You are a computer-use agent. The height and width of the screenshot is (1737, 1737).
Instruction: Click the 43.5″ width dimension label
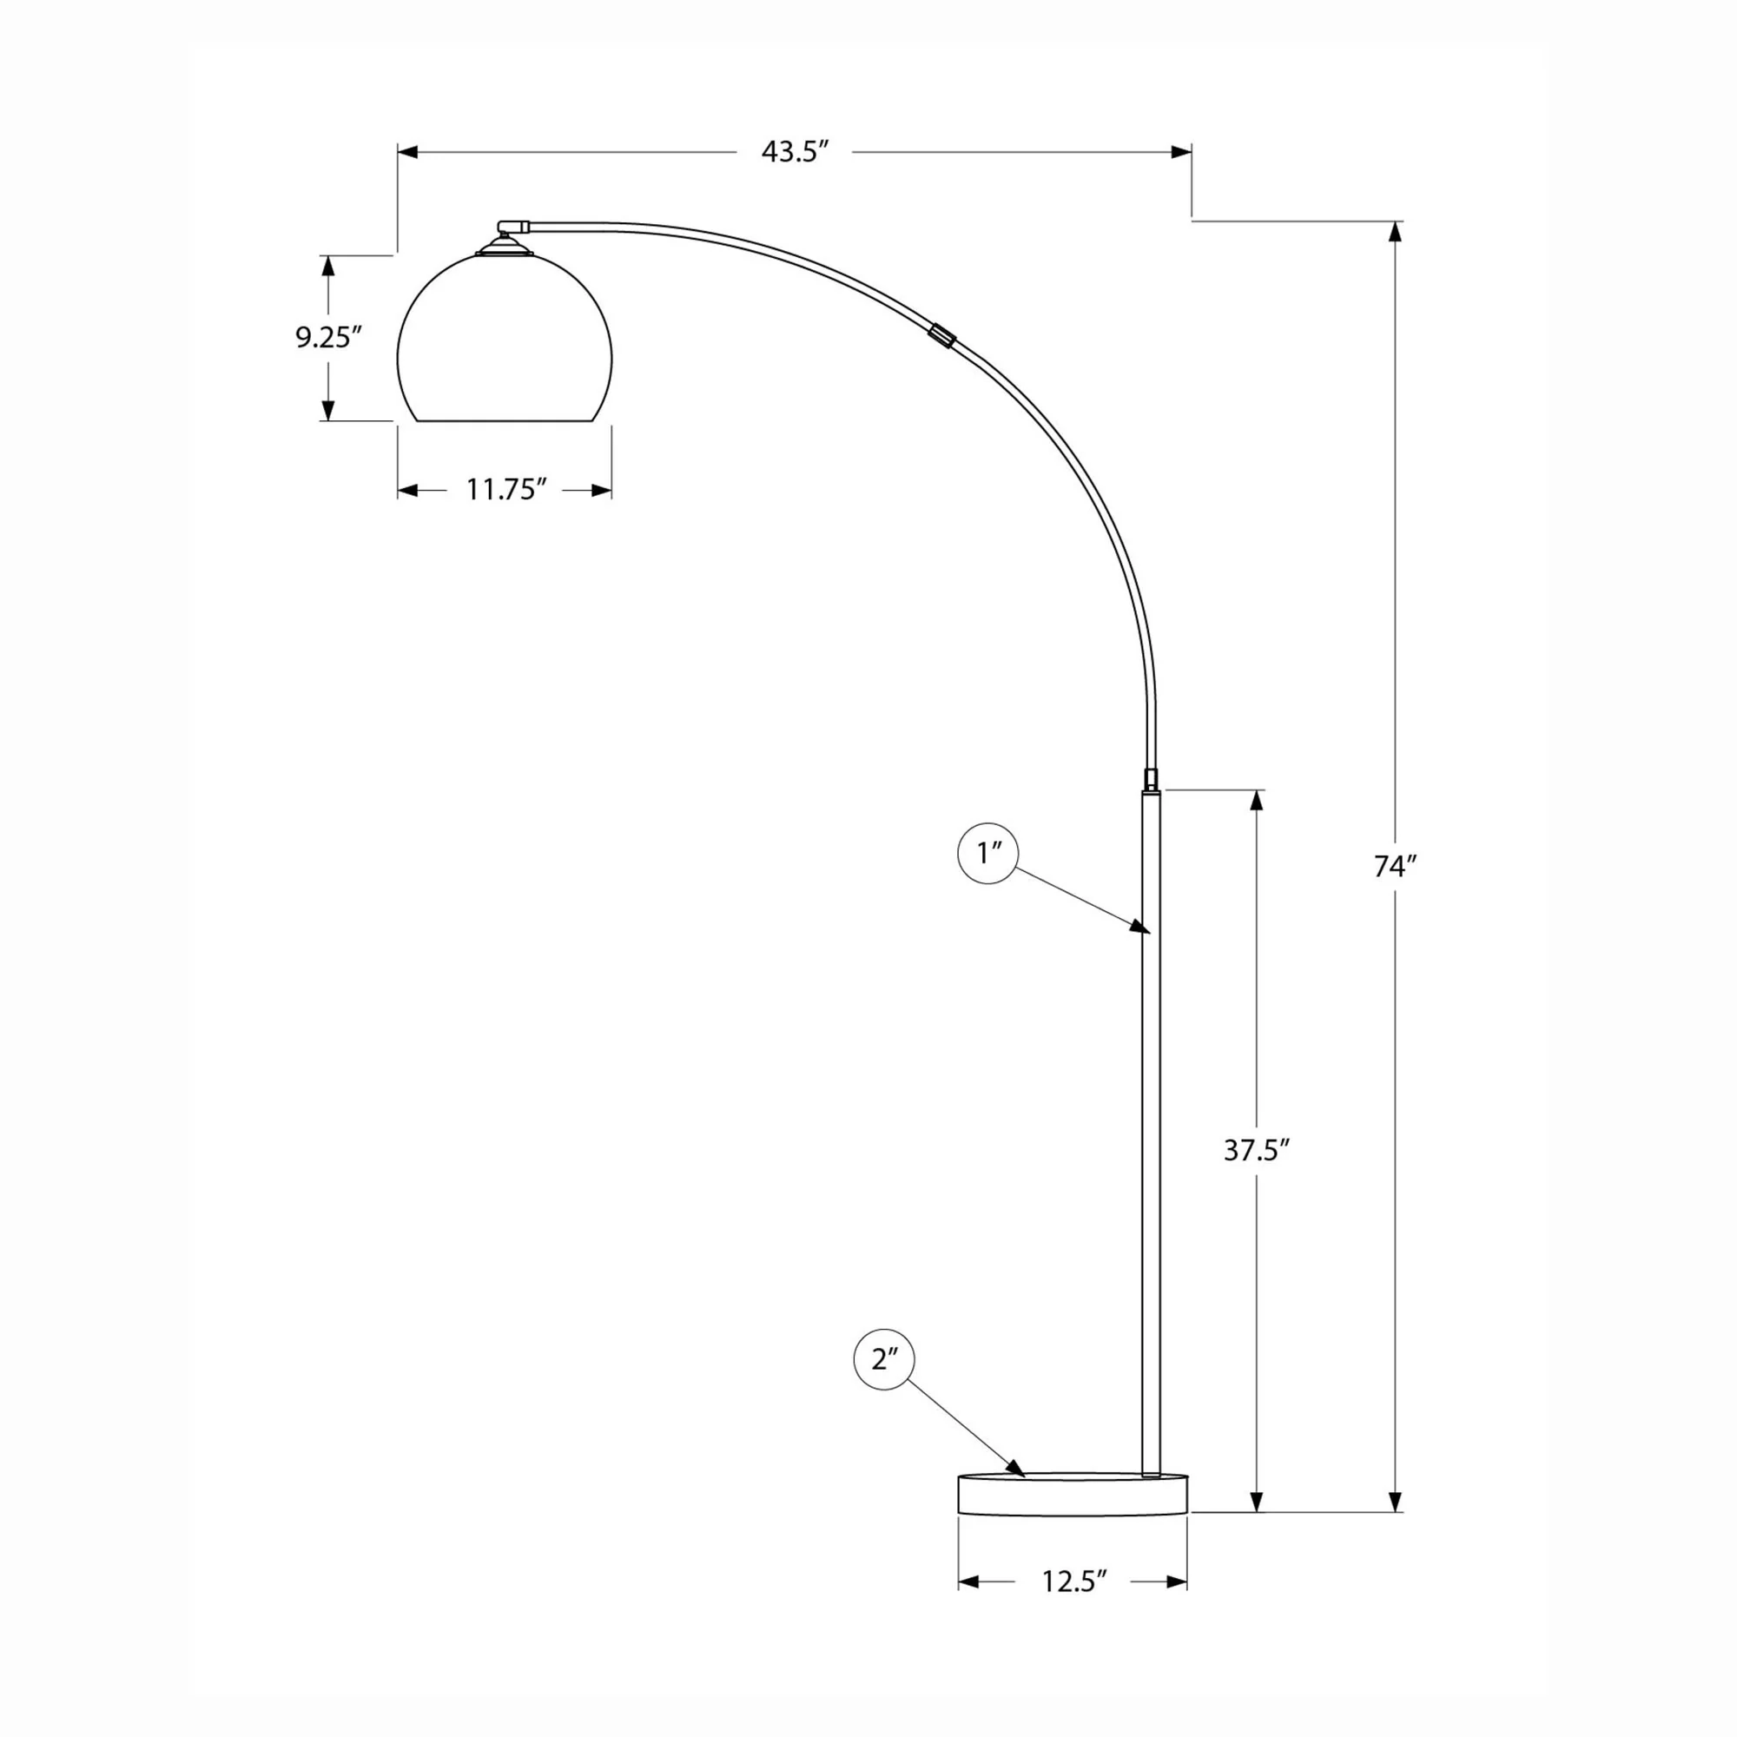click(x=794, y=152)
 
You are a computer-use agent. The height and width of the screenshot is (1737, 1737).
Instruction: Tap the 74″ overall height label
click(x=1396, y=867)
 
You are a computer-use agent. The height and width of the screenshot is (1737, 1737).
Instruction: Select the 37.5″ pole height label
click(x=1257, y=1151)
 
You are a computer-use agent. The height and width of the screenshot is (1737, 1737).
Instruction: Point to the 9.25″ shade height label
click(x=328, y=337)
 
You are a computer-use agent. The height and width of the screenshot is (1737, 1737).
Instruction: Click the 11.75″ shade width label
click(x=506, y=490)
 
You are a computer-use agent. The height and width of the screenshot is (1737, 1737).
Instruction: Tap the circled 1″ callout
click(x=988, y=852)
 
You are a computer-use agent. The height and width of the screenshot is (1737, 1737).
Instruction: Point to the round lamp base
click(x=1073, y=1493)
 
